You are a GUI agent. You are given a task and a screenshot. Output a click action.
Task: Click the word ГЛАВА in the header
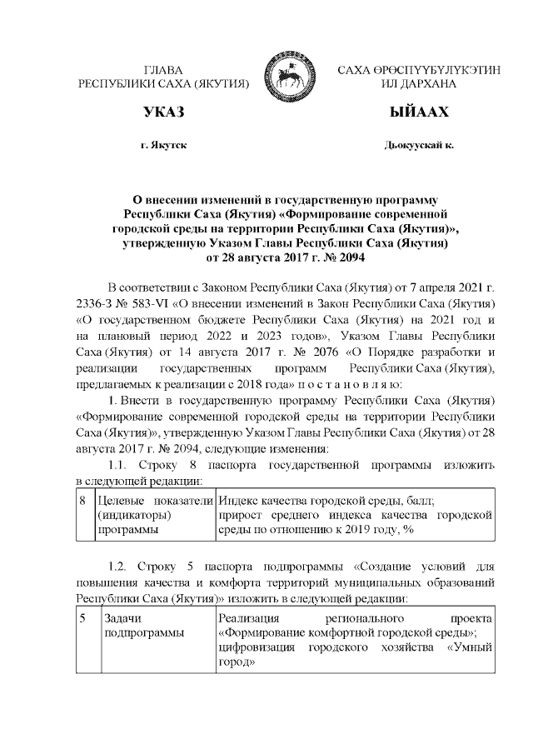tap(163, 71)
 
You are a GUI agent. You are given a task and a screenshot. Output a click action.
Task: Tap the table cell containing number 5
tap(83, 619)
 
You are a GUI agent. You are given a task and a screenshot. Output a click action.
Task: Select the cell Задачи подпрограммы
tap(142, 627)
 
